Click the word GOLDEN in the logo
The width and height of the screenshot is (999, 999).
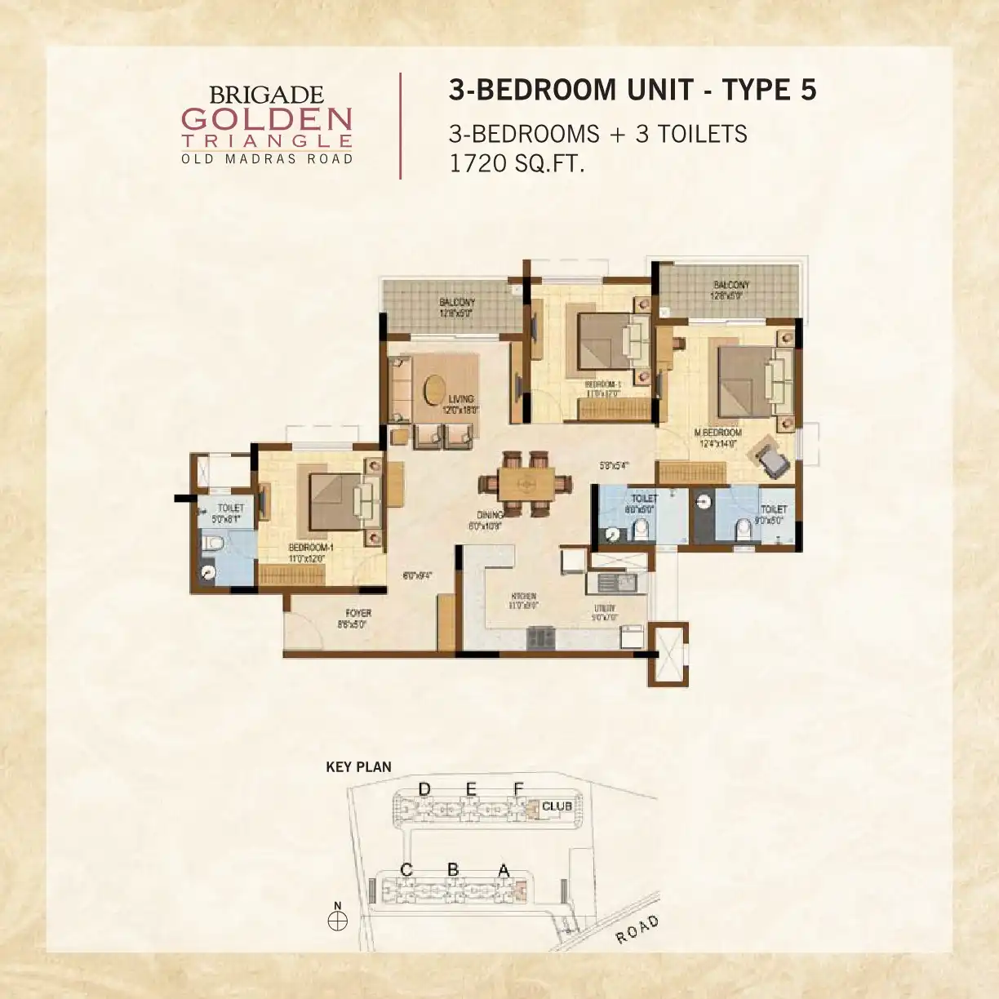[x=266, y=120]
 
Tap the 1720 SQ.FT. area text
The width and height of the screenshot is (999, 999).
[x=517, y=164]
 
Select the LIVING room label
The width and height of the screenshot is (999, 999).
[x=461, y=399]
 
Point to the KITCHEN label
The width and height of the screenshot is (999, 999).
[x=523, y=597]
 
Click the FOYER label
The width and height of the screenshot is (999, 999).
[x=357, y=613]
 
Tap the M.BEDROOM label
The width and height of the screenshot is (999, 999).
[x=718, y=433]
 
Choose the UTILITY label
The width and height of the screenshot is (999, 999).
[x=605, y=608]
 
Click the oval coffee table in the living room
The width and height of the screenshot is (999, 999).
[x=435, y=389]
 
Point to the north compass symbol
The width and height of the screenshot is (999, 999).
[x=337, y=921]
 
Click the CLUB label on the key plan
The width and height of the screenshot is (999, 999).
[x=557, y=806]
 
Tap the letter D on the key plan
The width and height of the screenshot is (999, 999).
[x=424, y=788]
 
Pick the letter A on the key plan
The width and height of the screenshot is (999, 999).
[x=504, y=870]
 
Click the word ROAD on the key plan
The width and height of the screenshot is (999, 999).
[x=637, y=930]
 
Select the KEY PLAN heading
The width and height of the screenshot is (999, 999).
[x=358, y=767]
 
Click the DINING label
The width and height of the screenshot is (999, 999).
[x=490, y=515]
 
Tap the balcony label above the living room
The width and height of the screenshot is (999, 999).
[x=457, y=302]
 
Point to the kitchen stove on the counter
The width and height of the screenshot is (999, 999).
[x=540, y=637]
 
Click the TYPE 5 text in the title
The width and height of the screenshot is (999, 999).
[x=769, y=90]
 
